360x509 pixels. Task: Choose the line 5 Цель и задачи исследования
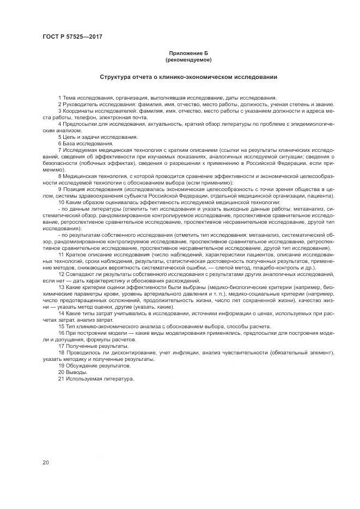[x=90, y=137]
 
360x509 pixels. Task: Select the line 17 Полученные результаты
[x=93, y=345]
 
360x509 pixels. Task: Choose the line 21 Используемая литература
[x=95, y=378]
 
